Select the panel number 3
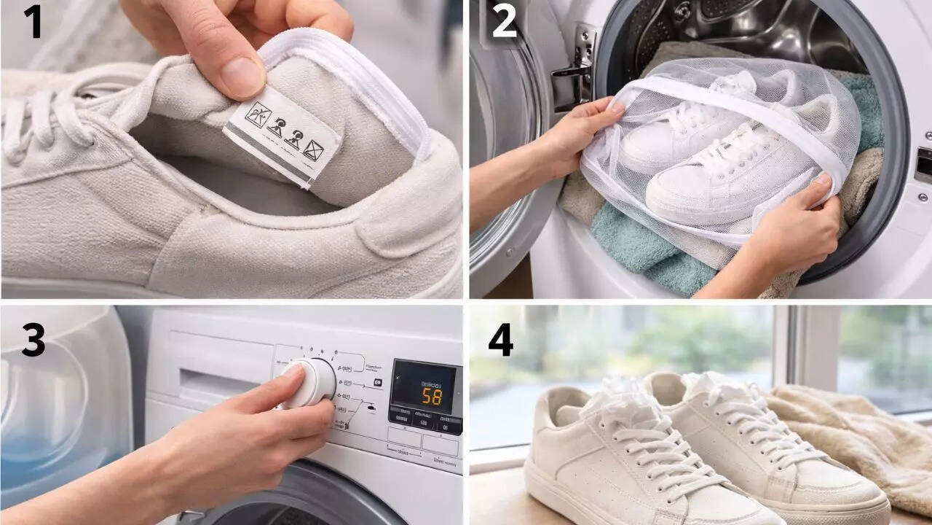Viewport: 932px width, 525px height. click(33, 339)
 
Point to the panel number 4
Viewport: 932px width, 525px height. click(500, 339)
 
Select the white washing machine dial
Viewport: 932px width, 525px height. click(309, 383)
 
